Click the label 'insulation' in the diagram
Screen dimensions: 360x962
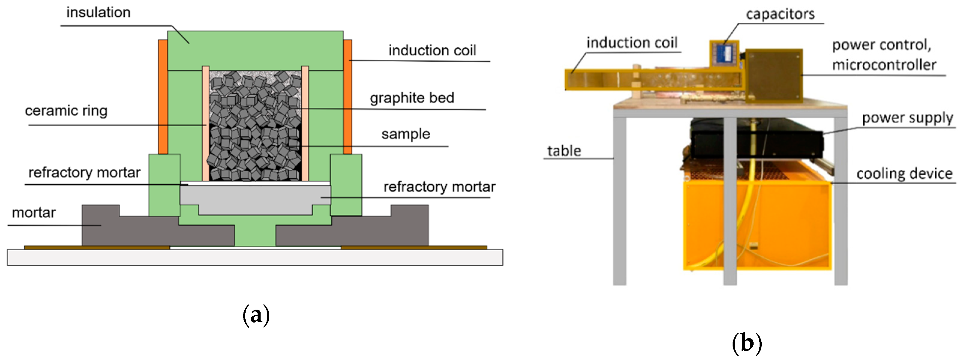(98, 12)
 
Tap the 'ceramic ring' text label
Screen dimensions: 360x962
(66, 111)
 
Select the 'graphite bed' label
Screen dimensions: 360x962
(412, 98)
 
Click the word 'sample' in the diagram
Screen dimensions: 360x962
(405, 134)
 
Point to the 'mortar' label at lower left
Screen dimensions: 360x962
(34, 213)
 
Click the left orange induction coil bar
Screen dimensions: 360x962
(163, 97)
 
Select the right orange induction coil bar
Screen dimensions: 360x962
(347, 97)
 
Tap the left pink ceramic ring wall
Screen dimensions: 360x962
(205, 123)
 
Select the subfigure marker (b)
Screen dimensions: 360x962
(746, 343)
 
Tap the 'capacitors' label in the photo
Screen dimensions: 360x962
(780, 14)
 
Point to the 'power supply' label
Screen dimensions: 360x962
(907, 118)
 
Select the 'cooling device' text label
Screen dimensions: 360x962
(904, 174)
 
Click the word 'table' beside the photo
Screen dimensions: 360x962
(564, 151)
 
